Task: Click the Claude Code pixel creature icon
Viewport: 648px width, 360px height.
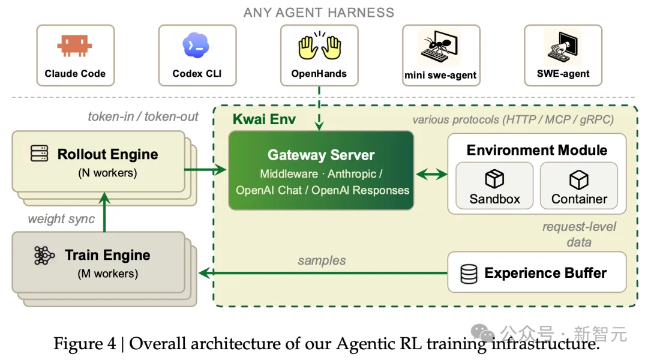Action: pyautogui.click(x=74, y=46)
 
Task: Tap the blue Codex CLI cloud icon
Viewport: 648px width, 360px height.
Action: pyautogui.click(x=196, y=45)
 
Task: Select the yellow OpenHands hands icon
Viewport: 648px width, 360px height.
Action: pyautogui.click(x=319, y=46)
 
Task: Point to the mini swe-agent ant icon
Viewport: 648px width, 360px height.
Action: pyautogui.click(x=439, y=48)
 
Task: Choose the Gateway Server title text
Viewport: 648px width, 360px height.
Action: pyautogui.click(x=320, y=155)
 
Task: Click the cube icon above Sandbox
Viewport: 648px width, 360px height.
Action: pyautogui.click(x=494, y=179)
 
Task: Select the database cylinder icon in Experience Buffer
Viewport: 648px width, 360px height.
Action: pyautogui.click(x=469, y=274)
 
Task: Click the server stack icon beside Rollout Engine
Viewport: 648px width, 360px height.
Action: pyautogui.click(x=39, y=154)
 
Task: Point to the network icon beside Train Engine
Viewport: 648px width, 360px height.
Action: pyautogui.click(x=44, y=256)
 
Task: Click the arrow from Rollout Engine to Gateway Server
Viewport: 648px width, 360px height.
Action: pyautogui.click(x=205, y=169)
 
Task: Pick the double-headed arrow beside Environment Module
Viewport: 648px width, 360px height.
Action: pyautogui.click(x=431, y=175)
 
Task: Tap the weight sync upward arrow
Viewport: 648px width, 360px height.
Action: pyautogui.click(x=104, y=212)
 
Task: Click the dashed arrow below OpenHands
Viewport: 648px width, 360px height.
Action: pyautogui.click(x=319, y=108)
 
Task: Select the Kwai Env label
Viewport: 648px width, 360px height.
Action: pyautogui.click(x=264, y=119)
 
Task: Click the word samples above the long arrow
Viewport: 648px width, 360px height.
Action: pyautogui.click(x=322, y=260)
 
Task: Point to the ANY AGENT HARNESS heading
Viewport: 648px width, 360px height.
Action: pyautogui.click(x=319, y=13)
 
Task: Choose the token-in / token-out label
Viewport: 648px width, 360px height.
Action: pyautogui.click(x=143, y=117)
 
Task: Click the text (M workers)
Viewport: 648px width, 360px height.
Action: pyautogui.click(x=108, y=274)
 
